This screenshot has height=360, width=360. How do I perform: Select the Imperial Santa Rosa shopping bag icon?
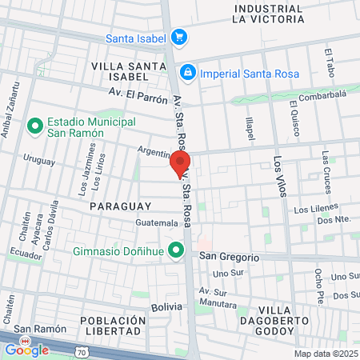(187, 74)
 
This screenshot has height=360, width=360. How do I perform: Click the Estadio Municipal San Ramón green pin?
(35, 126)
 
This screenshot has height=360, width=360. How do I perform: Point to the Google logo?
(26, 349)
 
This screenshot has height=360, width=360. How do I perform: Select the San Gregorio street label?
(229, 257)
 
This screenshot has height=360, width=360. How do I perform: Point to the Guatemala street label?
(157, 222)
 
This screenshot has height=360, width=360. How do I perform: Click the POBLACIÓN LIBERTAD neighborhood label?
(112, 326)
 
